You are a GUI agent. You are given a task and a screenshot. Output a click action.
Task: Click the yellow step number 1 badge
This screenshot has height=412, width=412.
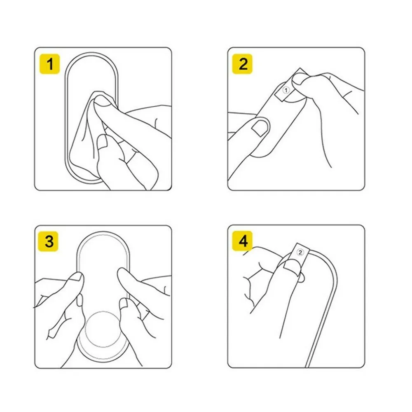[50, 64]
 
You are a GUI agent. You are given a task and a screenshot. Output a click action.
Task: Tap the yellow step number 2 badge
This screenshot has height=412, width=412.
[242, 64]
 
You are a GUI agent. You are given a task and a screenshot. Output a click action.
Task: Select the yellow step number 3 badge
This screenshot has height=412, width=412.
[48, 241]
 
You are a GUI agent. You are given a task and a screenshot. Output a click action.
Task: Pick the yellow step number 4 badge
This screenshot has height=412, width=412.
[242, 241]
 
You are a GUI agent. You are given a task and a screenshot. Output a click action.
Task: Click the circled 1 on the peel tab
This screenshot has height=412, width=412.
[286, 90]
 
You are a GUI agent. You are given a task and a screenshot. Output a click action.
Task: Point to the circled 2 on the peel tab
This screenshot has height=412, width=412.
[300, 252]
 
